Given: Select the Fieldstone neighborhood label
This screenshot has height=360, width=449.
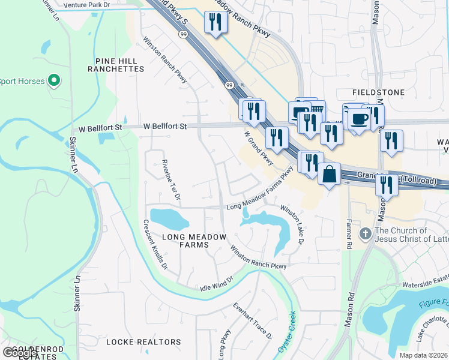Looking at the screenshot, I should [x=378, y=92].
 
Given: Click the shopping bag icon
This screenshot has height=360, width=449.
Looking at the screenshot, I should [x=330, y=175].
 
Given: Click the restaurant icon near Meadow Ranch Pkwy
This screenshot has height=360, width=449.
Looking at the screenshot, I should [x=214, y=23].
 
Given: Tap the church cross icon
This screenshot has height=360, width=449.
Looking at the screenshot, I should [x=365, y=233].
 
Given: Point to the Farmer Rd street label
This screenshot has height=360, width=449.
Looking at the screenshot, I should [x=349, y=233].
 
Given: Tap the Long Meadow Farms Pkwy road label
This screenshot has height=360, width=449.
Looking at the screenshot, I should [x=262, y=190].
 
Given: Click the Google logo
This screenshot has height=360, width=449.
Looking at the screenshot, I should [x=20, y=352].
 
